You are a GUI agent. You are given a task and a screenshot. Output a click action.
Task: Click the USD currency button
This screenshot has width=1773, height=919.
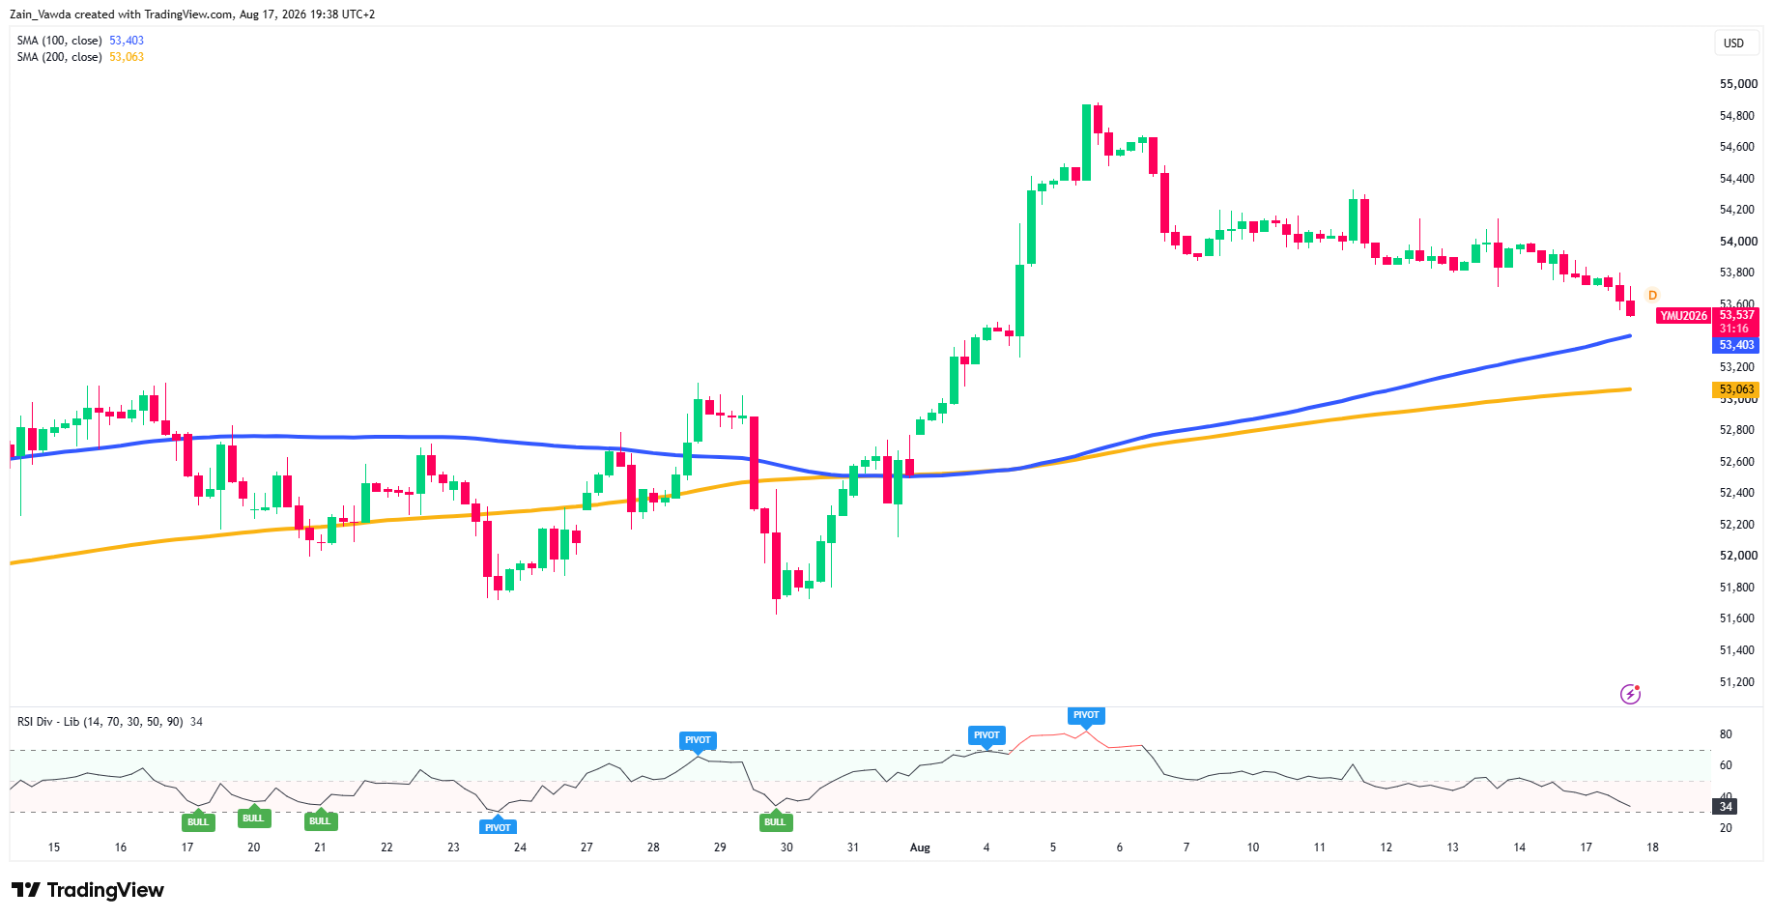(x=1733, y=43)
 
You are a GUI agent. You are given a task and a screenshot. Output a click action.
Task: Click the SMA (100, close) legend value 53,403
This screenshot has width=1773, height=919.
(x=127, y=41)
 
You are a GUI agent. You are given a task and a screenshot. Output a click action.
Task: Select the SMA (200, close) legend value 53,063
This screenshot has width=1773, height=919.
(x=127, y=57)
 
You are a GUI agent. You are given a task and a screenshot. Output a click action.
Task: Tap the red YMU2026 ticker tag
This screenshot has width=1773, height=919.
(x=1683, y=316)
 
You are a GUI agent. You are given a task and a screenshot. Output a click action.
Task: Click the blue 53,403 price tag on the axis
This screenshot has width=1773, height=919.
(x=1736, y=345)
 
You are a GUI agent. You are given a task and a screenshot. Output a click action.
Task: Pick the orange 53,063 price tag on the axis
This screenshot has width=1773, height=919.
(x=1736, y=389)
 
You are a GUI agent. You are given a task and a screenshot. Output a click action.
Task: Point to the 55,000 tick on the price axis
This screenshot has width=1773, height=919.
(x=1738, y=84)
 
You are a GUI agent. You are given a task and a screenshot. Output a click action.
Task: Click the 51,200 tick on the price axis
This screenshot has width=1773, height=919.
(x=1737, y=682)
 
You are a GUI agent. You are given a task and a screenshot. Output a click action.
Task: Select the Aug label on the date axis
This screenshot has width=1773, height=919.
(x=920, y=847)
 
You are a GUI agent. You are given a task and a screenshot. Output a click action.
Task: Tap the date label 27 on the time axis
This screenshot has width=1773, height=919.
(x=586, y=847)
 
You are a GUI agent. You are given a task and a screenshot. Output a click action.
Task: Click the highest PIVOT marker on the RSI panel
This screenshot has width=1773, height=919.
(x=1086, y=716)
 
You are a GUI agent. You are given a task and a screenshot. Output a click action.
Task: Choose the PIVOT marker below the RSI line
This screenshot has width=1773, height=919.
(x=498, y=826)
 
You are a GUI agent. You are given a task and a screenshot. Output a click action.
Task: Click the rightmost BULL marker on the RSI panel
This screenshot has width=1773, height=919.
(x=775, y=821)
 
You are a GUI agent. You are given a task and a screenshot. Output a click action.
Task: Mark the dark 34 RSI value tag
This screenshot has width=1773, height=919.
(x=1726, y=806)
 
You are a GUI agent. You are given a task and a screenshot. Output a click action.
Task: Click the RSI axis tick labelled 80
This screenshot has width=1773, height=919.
(x=1726, y=734)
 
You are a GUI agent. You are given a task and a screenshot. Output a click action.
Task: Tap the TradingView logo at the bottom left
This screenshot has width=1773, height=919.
(x=88, y=890)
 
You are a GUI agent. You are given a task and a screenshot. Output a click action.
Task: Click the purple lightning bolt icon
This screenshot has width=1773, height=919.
(x=1630, y=694)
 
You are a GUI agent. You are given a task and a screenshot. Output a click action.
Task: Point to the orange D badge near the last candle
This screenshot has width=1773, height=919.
(x=1652, y=295)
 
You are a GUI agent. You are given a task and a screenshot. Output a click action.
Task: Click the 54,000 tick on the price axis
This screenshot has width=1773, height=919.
(x=1738, y=242)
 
